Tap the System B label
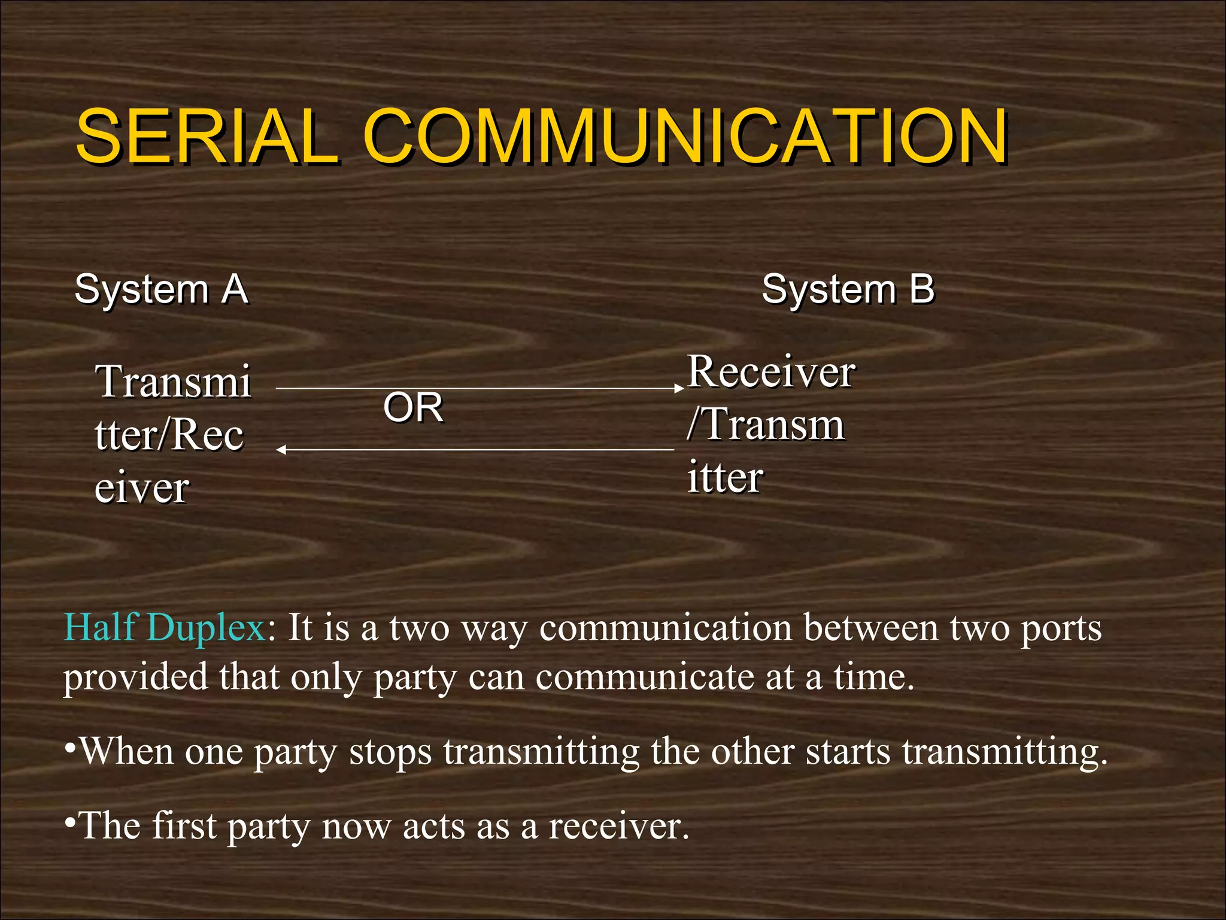point(848,289)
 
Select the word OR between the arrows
point(413,407)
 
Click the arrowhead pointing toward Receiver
point(679,389)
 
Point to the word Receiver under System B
point(771,372)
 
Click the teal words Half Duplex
point(164,628)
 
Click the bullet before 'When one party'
point(70,748)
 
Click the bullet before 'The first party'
point(70,822)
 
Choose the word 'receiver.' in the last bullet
point(619,826)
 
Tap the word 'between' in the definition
point(871,628)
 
